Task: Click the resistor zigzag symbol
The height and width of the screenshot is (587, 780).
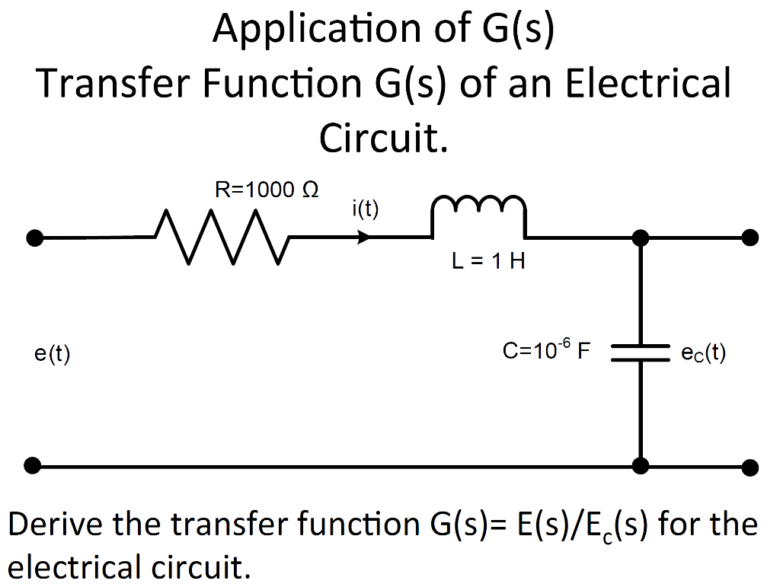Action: click(x=222, y=238)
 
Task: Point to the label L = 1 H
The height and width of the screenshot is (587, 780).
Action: click(x=488, y=262)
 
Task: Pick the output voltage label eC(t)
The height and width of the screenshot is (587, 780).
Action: click(x=703, y=353)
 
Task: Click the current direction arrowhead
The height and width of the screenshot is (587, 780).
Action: click(x=364, y=238)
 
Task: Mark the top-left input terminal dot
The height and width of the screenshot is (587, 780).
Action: click(x=33, y=238)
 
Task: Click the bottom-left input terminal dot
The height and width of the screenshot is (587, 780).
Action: click(x=33, y=464)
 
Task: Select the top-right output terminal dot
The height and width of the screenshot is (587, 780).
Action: click(x=750, y=238)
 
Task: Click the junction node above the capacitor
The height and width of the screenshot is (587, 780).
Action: click(x=641, y=238)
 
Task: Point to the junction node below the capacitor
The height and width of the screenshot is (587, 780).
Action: click(x=641, y=464)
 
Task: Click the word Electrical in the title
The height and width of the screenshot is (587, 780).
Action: click(x=647, y=83)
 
